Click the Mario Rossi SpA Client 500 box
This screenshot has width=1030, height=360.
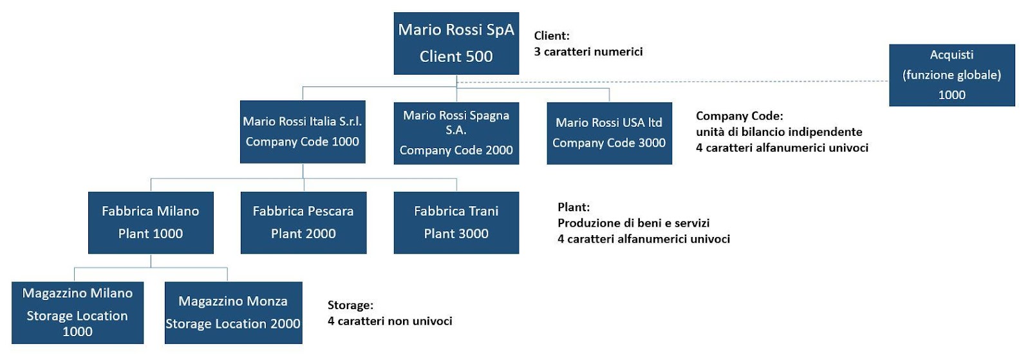coord(456,43)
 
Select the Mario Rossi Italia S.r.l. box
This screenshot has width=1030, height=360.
coord(303,132)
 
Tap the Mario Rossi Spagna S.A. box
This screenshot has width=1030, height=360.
coord(456,133)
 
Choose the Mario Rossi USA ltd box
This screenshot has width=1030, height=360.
coord(609,133)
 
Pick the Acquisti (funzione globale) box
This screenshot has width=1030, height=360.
coord(952,75)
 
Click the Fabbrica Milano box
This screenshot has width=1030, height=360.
coord(151,223)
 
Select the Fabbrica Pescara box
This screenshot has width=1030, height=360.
coord(303,223)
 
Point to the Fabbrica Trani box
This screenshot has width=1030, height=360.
coord(456,223)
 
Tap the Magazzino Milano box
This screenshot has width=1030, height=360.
coord(78,312)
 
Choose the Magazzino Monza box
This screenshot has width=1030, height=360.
coord(234,312)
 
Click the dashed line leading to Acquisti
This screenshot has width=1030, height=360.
coord(673,82)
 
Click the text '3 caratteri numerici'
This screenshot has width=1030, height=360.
coord(588,52)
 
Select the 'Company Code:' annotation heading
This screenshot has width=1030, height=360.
coord(740,116)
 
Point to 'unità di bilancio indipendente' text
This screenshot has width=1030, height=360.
coord(779,132)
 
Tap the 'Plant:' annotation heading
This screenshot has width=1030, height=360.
coord(574,207)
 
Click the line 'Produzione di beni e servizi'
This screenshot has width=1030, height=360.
coord(633,223)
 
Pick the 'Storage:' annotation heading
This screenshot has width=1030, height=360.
coord(350,305)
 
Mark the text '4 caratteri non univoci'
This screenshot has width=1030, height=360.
coord(390,321)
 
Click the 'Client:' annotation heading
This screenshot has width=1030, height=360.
coord(552,35)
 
